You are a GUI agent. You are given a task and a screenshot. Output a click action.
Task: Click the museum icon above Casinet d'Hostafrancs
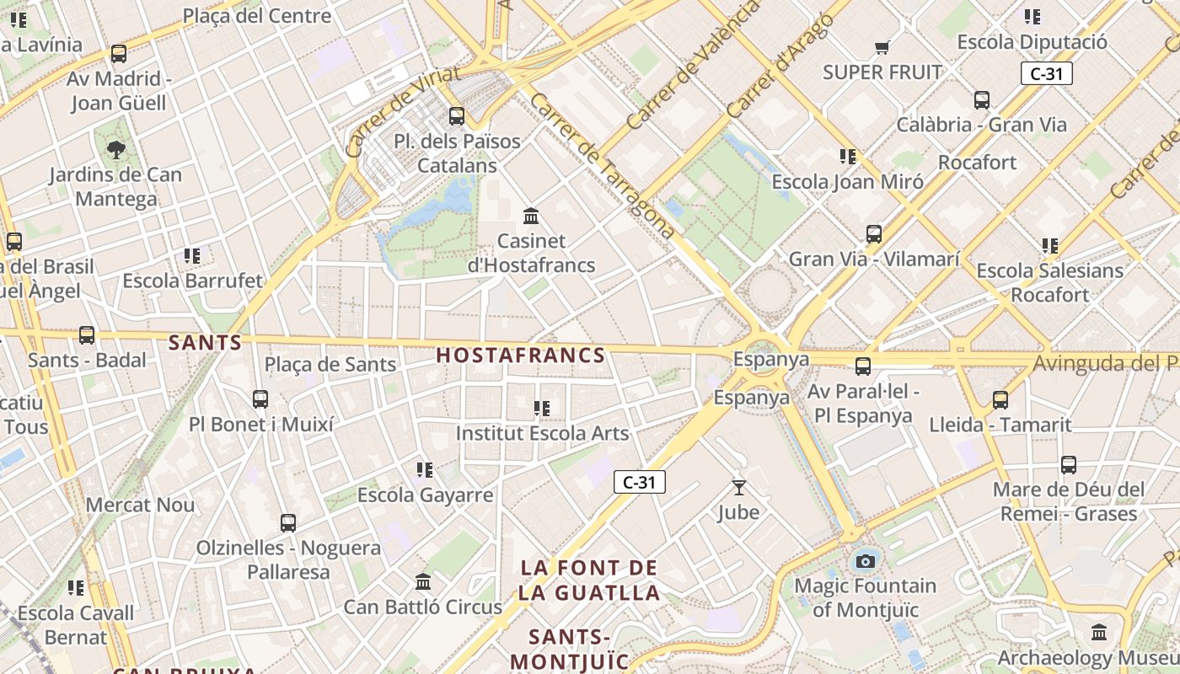point(531,217)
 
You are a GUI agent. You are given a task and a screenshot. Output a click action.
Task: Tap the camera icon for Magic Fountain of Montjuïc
point(865,561)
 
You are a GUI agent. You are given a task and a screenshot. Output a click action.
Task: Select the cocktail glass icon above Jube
point(739,487)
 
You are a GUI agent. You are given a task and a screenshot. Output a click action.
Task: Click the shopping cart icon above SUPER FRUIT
point(882,47)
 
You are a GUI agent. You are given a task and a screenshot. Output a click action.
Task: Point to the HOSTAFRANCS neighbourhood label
point(521,356)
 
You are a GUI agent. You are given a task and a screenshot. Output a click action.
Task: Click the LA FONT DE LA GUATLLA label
point(588,580)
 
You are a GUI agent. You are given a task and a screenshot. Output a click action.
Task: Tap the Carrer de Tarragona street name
point(602,165)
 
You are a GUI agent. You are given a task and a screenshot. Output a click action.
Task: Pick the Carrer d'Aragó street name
point(780,66)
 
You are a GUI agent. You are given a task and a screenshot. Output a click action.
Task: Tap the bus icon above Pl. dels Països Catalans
point(457,116)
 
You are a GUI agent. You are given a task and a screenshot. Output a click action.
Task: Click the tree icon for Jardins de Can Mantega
point(116,150)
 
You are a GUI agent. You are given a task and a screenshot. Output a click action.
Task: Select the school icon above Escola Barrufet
point(192,255)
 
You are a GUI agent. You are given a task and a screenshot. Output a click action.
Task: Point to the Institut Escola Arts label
point(542,433)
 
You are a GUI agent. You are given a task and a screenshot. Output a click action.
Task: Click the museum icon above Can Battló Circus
point(423,582)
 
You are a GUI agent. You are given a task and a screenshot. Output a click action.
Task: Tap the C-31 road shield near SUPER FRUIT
point(1046,73)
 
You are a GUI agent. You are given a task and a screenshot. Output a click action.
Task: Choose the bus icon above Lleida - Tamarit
point(1000,399)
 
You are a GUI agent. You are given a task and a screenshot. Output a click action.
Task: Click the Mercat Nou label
point(141,505)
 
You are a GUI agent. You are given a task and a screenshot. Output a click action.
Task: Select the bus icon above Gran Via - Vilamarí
point(874,233)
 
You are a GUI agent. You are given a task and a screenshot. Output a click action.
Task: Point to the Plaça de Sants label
point(330,365)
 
